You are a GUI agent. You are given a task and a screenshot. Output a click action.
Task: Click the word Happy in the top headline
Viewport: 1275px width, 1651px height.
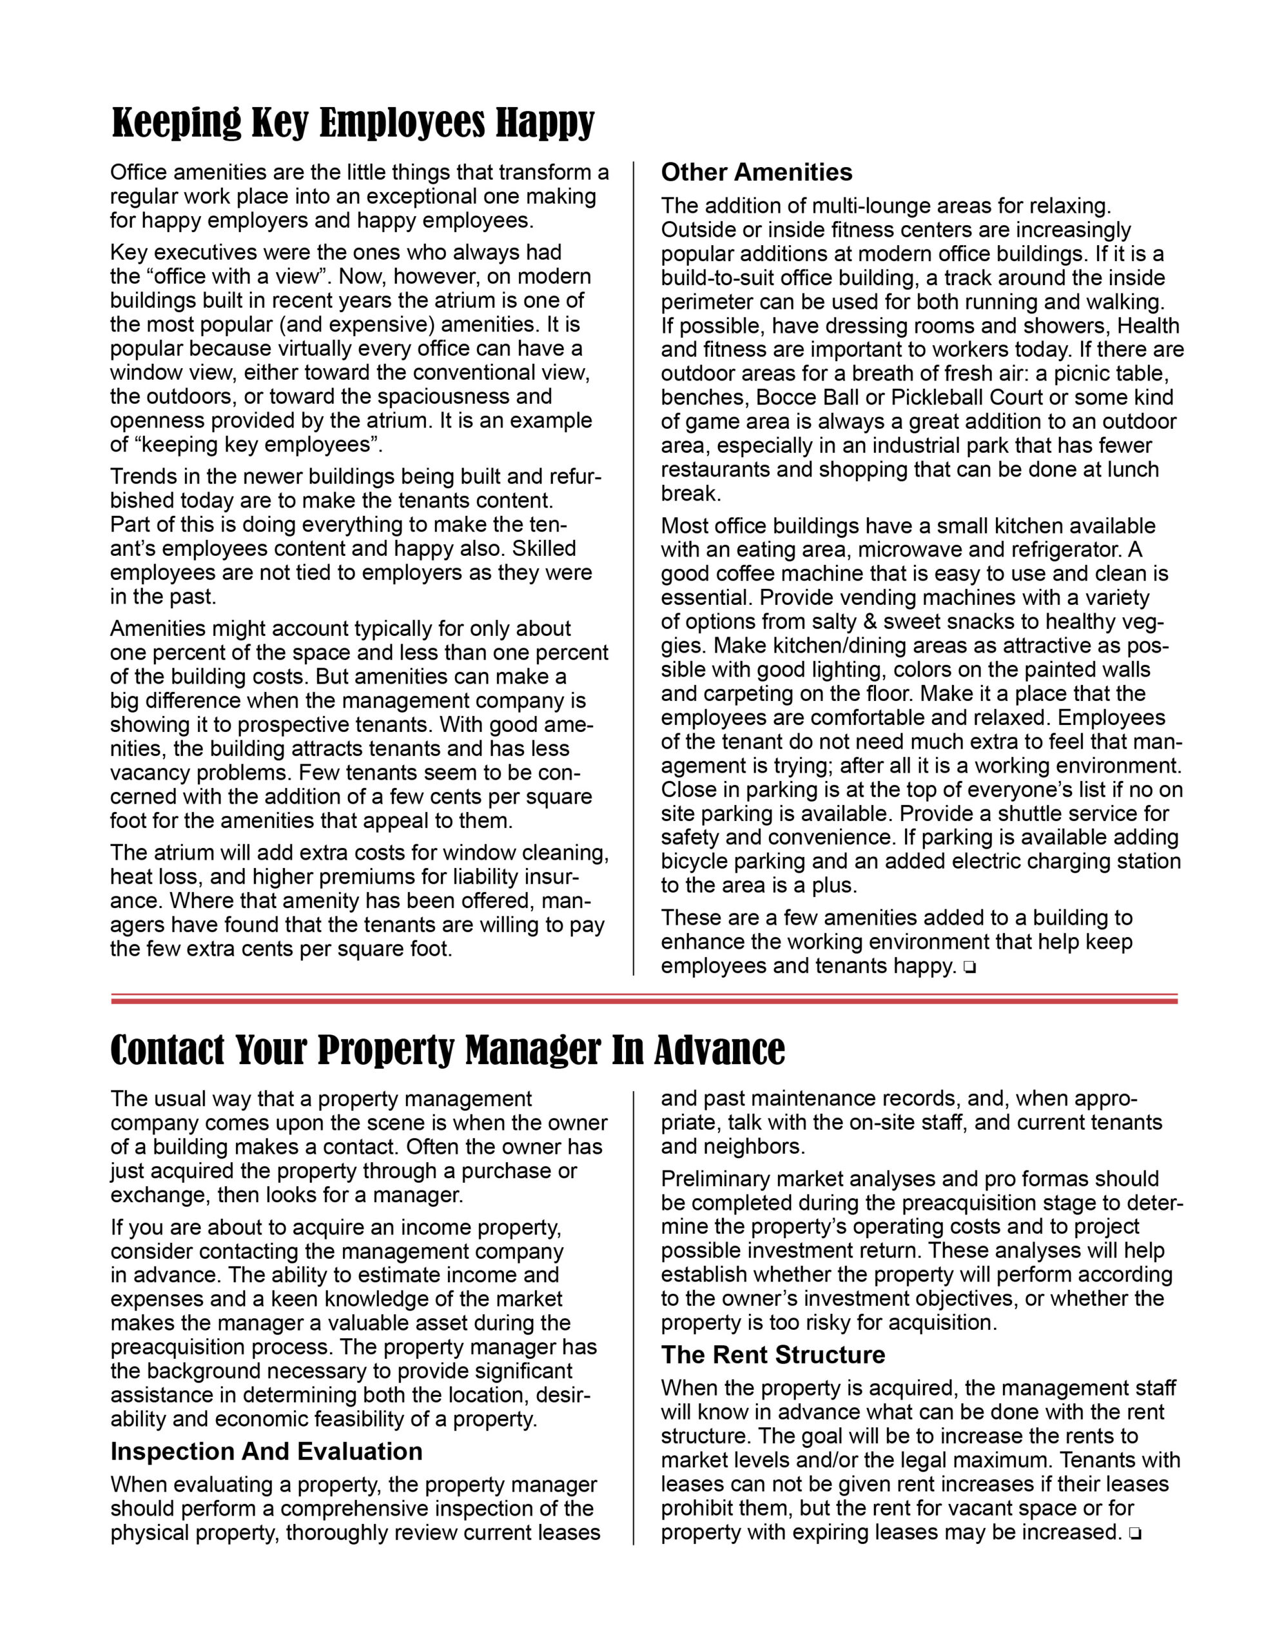coord(544,123)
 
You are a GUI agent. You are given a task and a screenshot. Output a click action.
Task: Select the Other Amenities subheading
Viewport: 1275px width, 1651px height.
coord(757,172)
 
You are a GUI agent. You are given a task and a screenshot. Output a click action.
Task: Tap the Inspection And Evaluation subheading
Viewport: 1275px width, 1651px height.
coord(266,1452)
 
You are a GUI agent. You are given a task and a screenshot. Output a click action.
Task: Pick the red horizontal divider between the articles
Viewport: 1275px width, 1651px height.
coord(644,1000)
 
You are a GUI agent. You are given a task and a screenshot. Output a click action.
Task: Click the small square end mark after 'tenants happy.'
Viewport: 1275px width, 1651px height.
coord(969,967)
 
